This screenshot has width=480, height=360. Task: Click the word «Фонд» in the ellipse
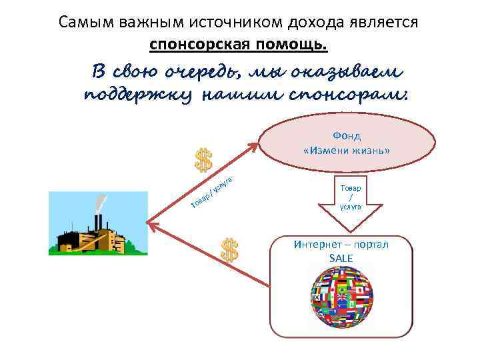point(347,136)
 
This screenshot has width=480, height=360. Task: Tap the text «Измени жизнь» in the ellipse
point(347,150)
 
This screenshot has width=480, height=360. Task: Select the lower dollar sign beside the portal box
point(229,250)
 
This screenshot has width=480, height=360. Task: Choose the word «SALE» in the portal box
point(341,257)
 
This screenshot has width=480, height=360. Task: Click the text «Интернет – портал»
point(341,244)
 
